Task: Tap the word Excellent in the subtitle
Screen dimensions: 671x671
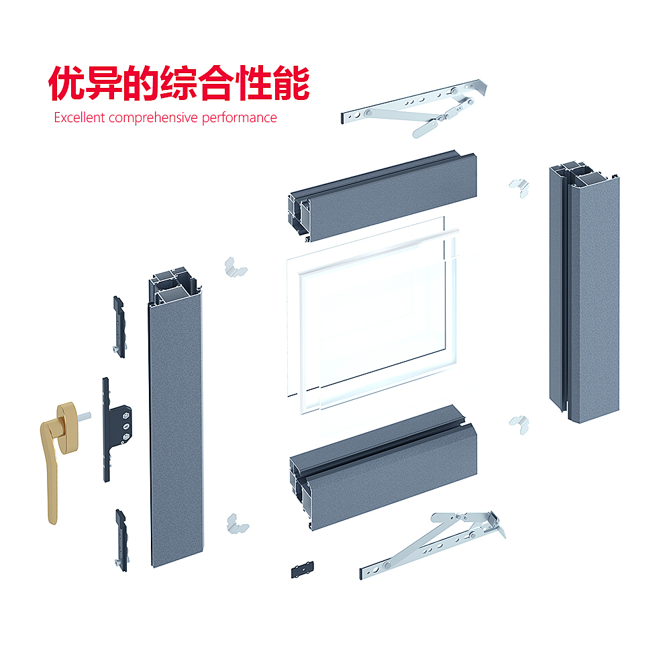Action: (x=79, y=117)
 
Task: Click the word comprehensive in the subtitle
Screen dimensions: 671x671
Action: (x=153, y=118)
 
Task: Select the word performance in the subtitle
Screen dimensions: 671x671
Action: (x=240, y=118)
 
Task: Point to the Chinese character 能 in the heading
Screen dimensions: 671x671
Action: (x=291, y=83)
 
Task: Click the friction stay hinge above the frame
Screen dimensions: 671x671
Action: (x=413, y=107)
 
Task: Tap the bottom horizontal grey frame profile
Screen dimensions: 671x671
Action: (x=383, y=468)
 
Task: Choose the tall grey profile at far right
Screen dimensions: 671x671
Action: (x=584, y=293)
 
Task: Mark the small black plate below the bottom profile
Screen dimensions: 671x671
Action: (x=302, y=570)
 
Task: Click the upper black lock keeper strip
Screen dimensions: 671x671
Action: (x=119, y=327)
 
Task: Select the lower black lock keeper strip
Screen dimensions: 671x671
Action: (x=121, y=540)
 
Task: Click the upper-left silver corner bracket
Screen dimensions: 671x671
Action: (x=235, y=268)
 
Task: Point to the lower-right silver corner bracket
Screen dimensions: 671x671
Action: (x=519, y=425)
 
